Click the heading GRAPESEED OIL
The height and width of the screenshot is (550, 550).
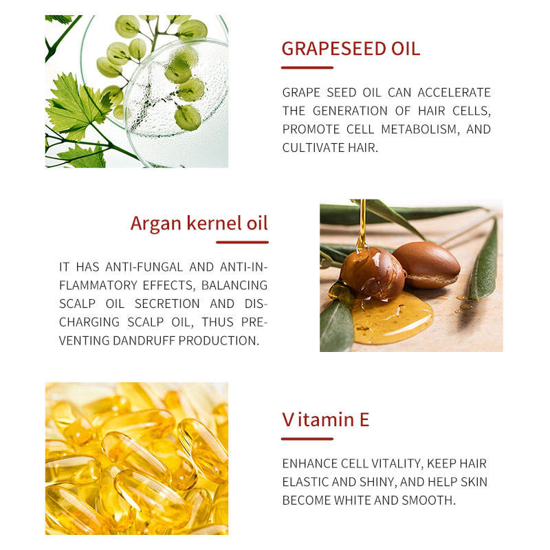pyautogui.click(x=351, y=48)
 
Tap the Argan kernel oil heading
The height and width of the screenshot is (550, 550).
pyautogui.click(x=199, y=223)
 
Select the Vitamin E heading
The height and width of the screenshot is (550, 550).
pyautogui.click(x=325, y=419)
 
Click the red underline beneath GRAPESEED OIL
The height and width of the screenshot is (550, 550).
pyautogui.click(x=307, y=67)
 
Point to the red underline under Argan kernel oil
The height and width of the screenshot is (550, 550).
pyautogui.click(x=243, y=242)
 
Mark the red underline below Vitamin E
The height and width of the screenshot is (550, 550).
pyautogui.click(x=307, y=439)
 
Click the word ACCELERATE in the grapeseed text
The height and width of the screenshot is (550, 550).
pyautogui.click(x=454, y=93)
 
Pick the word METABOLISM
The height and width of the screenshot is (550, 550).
pyautogui.click(x=420, y=129)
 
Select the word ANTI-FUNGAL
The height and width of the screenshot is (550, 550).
pyautogui.click(x=144, y=267)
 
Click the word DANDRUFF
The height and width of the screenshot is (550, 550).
pyautogui.click(x=144, y=340)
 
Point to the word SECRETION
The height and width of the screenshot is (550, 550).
pyautogui.click(x=167, y=304)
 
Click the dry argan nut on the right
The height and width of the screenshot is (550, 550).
pyautogui.click(x=426, y=265)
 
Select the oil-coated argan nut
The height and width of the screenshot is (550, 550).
pyautogui.click(x=373, y=273)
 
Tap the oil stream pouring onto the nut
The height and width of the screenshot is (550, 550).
pyautogui.click(x=362, y=225)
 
